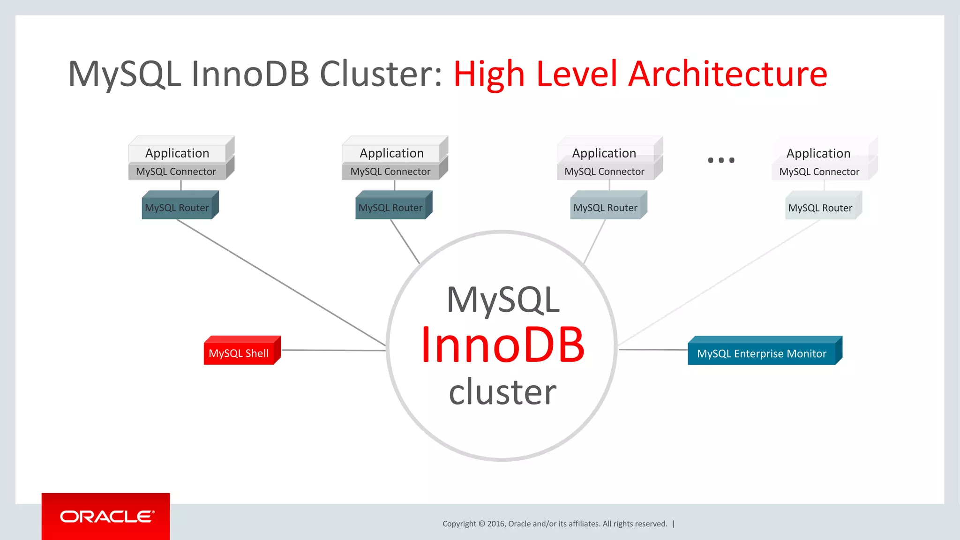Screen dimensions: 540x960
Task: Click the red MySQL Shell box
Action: pos(239,353)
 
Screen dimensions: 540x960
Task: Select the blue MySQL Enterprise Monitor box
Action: pos(762,353)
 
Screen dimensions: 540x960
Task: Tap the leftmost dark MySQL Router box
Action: pos(177,208)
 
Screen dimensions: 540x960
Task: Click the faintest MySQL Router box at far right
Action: pos(820,208)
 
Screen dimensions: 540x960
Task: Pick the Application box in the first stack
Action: pos(177,153)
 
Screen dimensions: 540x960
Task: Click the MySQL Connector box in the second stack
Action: pos(390,172)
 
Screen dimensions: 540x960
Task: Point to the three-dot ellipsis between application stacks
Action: pos(721,160)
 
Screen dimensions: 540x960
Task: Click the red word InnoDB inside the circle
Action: pos(502,345)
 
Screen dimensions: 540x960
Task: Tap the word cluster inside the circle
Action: pos(502,392)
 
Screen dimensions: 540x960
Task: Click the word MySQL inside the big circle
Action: pos(503,300)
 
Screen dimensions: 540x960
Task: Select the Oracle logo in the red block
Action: pos(106,516)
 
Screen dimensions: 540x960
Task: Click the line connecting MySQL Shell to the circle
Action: pos(333,350)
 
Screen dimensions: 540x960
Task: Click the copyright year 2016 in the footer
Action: pos(495,524)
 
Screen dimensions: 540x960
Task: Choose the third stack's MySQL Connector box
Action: pos(605,172)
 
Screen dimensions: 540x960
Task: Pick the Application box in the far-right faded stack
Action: pos(818,153)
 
